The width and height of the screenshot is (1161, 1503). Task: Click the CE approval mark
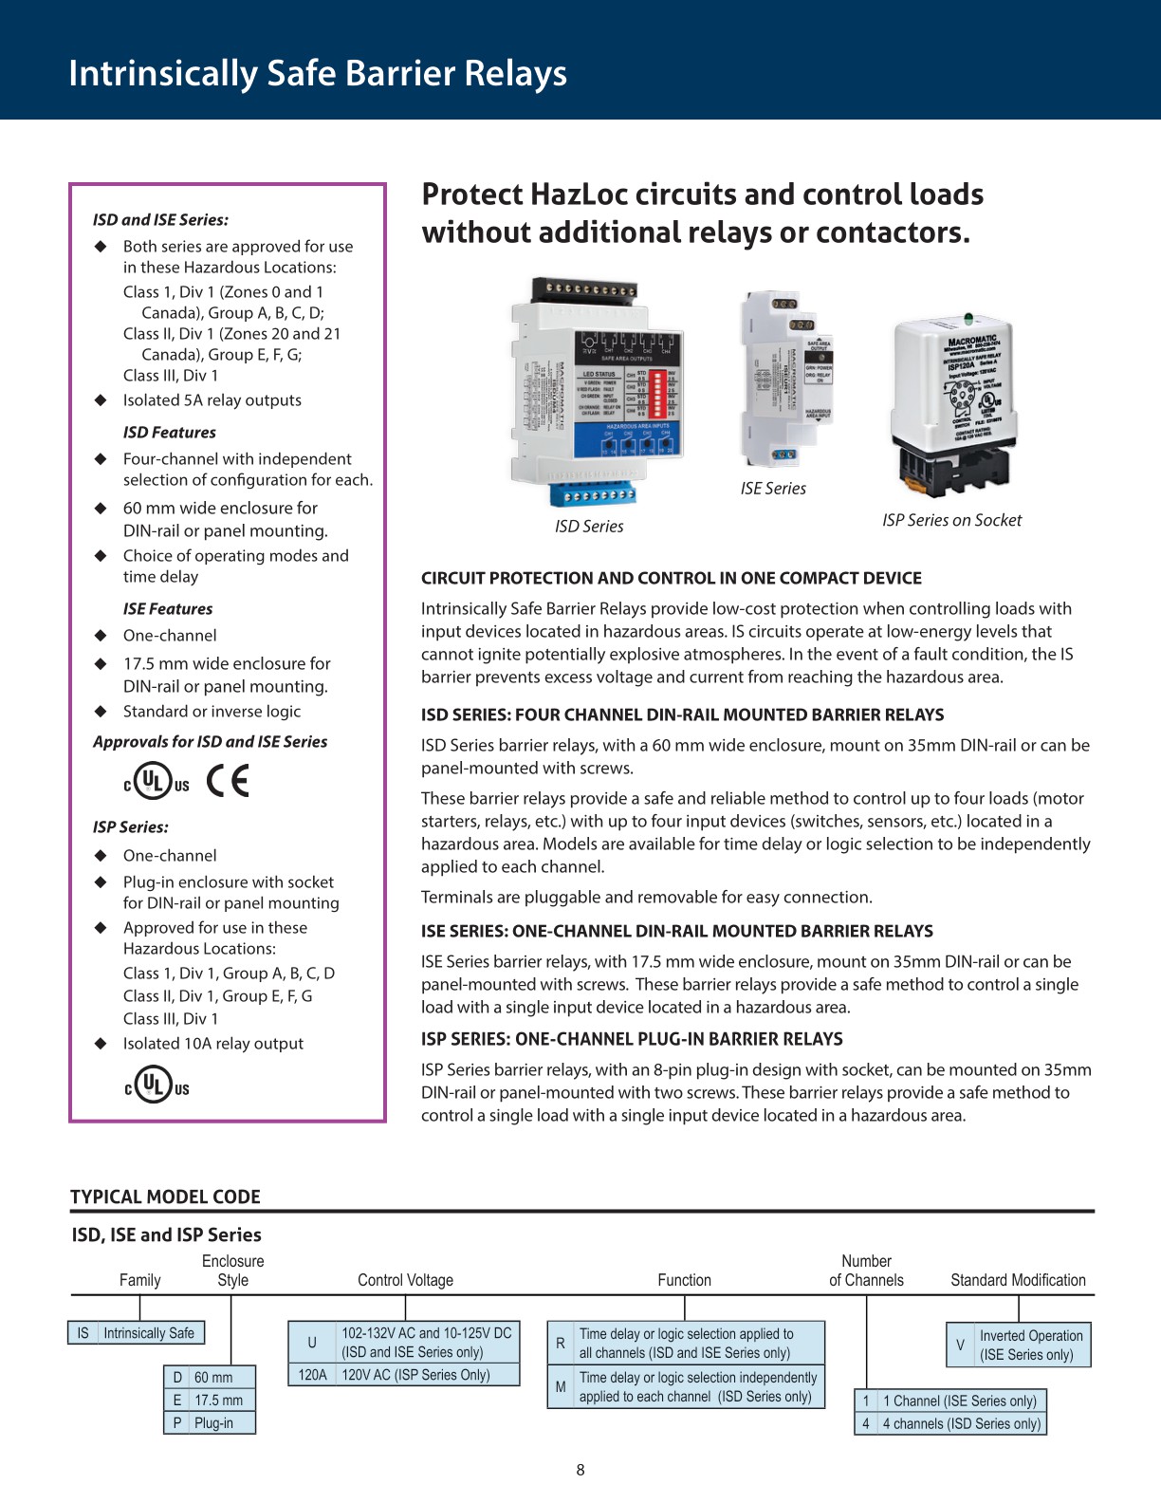(228, 781)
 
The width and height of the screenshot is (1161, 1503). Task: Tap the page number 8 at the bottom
(580, 1470)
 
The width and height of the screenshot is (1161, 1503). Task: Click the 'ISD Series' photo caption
(589, 527)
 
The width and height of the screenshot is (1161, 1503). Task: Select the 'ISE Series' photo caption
(773, 489)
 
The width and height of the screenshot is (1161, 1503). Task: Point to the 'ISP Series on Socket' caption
(951, 520)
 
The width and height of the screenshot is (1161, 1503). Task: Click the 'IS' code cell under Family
(83, 1333)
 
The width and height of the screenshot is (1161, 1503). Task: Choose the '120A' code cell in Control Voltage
(312, 1375)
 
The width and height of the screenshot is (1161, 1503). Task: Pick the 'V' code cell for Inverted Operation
(960, 1345)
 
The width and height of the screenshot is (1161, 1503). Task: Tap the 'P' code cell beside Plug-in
(176, 1422)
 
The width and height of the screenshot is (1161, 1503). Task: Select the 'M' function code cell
(560, 1386)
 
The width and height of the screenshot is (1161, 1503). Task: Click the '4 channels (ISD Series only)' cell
(961, 1423)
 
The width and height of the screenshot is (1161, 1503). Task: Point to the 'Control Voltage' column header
(405, 1280)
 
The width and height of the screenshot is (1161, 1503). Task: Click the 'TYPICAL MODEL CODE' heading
(165, 1197)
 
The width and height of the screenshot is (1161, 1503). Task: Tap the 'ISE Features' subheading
(168, 609)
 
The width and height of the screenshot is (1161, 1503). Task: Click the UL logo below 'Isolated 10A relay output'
(157, 1085)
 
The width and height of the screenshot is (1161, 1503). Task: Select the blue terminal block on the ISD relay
(594, 495)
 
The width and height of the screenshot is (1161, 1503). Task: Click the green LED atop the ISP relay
(968, 320)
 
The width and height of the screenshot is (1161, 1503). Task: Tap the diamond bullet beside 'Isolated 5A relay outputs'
(101, 400)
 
